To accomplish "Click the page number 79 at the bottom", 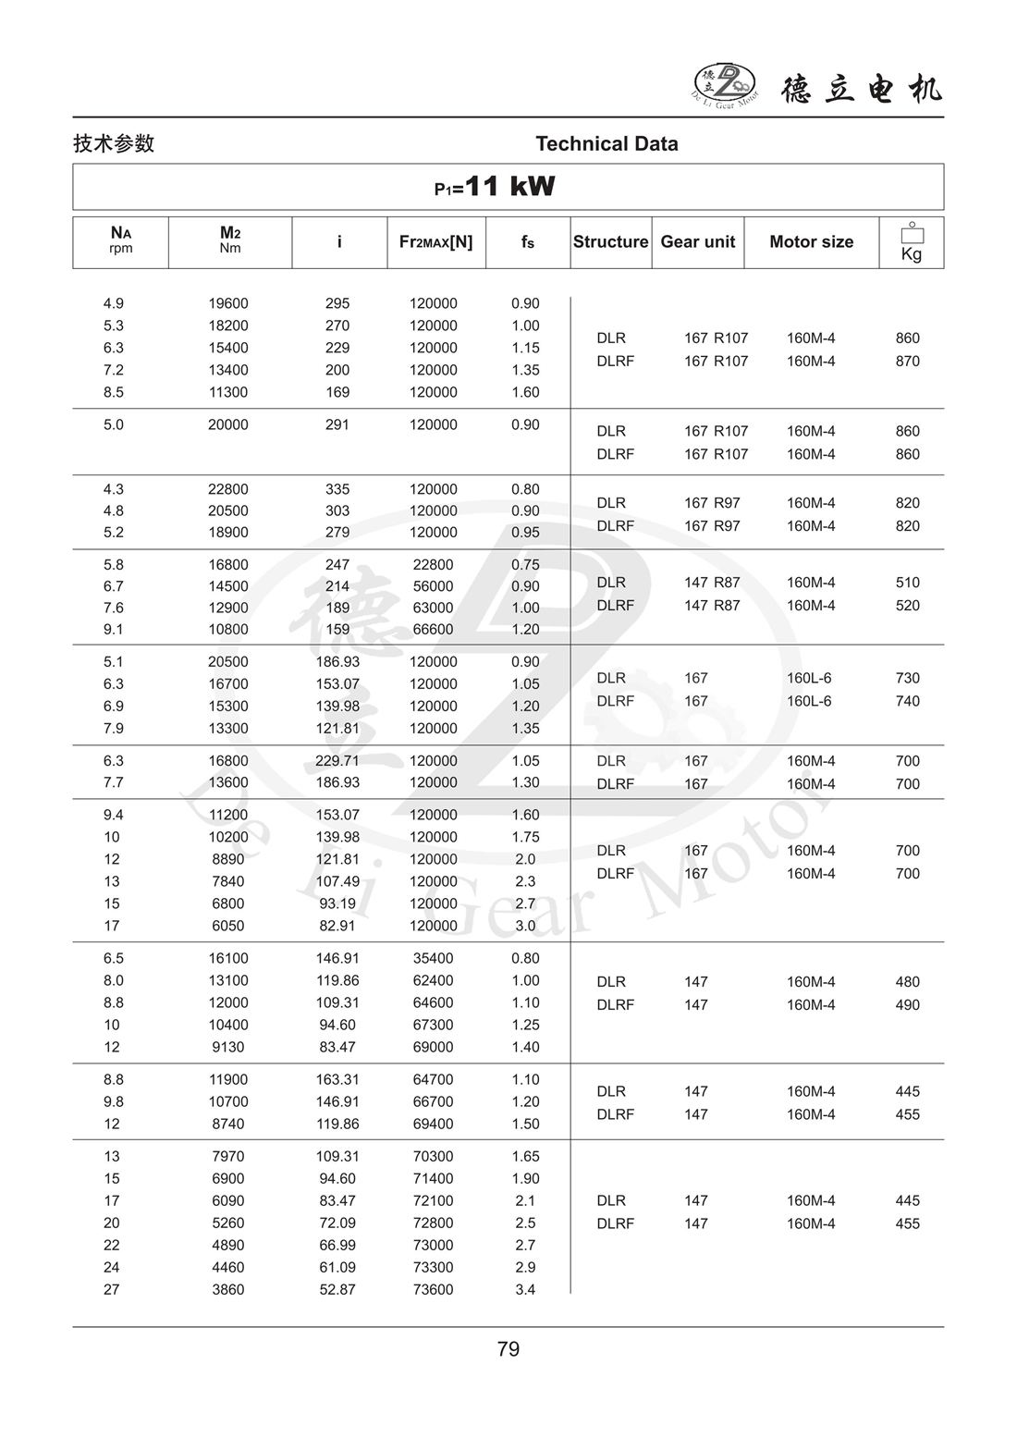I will (508, 1349).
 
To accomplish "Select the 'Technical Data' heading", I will (607, 144).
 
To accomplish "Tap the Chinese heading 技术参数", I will (114, 144).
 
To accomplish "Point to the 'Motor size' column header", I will (811, 242).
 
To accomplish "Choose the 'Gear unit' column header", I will (697, 242).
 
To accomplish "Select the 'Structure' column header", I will (610, 242).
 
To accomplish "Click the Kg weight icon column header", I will (911, 242).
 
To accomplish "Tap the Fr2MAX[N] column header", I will (435, 242).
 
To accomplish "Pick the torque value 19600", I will (227, 303).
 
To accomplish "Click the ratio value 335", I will (337, 489).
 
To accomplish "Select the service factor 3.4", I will (525, 1289).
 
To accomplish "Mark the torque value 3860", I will (227, 1289).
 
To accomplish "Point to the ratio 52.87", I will (337, 1289).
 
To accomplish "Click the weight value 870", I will (907, 362).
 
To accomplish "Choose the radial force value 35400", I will (433, 958).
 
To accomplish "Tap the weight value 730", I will (907, 678).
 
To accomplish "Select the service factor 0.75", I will (525, 564).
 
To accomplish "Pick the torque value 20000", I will (227, 424).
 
